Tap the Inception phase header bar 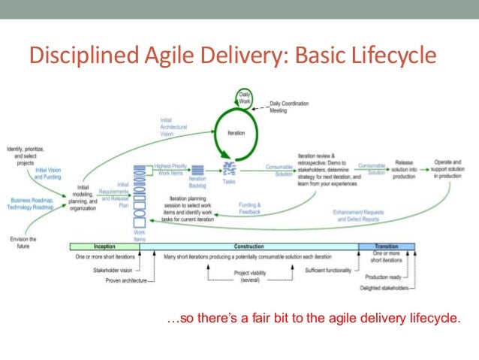pyautogui.click(x=104, y=247)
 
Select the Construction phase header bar pyautogui.click(x=249, y=247)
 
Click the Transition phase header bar pyautogui.click(x=387, y=247)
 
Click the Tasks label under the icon pyautogui.click(x=230, y=181)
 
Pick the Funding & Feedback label pyautogui.click(x=250, y=207)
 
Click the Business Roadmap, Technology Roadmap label pyautogui.click(x=29, y=204)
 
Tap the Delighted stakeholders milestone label pyautogui.click(x=384, y=288)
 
